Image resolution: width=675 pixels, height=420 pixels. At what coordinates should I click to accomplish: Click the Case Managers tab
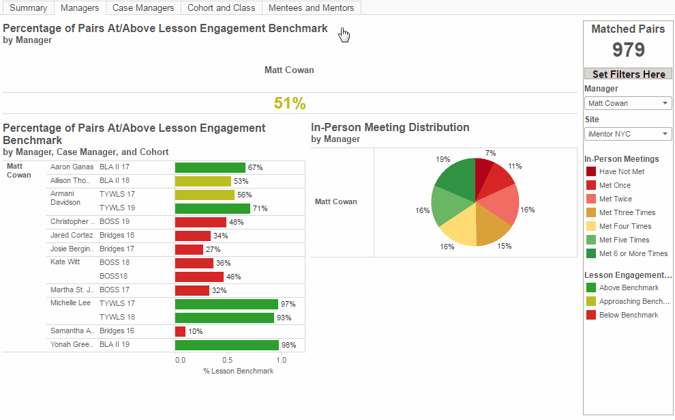pos(142,8)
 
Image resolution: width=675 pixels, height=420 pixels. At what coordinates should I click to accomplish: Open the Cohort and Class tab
pos(222,8)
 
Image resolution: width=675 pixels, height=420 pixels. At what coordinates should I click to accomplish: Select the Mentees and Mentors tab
pos(311,8)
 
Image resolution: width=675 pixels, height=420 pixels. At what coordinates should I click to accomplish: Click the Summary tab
pos(28,8)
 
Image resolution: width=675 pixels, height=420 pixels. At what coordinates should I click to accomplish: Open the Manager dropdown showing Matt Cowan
pos(628,103)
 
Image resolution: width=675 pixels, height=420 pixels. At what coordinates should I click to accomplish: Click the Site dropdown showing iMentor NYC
pos(628,134)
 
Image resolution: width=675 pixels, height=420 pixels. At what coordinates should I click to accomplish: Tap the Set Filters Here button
pos(628,74)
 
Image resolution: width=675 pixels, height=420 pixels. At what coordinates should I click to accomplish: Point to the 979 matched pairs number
pos(628,50)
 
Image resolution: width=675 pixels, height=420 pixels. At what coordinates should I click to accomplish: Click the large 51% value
pos(290,103)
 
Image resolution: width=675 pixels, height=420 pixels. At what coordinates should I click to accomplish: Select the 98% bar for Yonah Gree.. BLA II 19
pos(226,345)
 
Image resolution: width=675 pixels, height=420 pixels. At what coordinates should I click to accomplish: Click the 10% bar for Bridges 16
pos(180,331)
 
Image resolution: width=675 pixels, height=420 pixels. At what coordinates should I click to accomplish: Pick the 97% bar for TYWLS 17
pos(226,304)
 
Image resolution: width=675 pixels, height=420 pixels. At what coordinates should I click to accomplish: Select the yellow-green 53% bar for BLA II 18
pos(202,181)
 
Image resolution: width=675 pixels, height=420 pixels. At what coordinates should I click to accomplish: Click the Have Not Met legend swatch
pos(591,171)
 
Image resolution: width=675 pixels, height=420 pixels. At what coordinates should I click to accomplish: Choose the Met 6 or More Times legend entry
pos(633,253)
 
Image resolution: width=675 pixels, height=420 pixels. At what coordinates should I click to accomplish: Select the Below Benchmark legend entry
pos(629,315)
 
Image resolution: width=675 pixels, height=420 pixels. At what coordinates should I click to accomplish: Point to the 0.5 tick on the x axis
pos(227,359)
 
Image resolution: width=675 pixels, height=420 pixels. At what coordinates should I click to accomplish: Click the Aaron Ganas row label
pos(72,167)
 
